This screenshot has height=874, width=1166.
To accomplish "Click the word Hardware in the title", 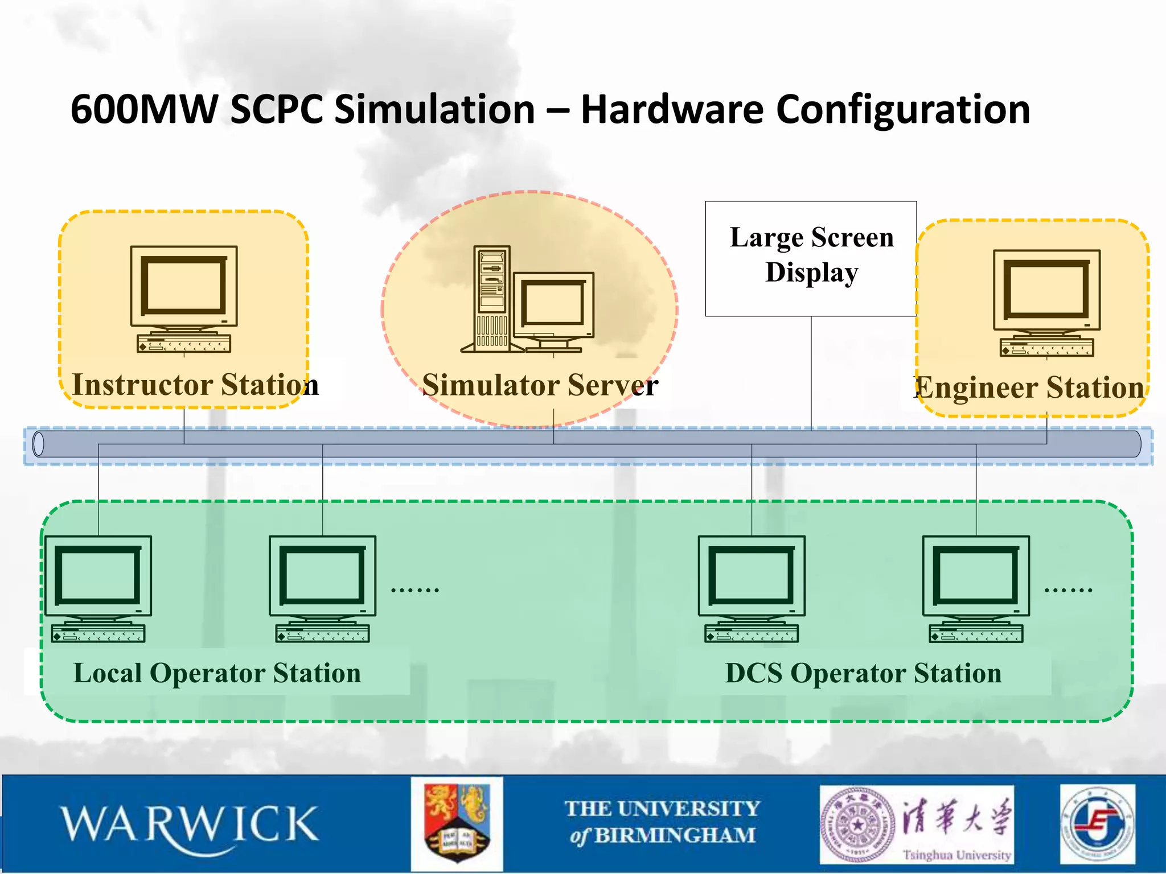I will point(672,109).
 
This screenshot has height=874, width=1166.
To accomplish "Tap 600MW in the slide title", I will point(145,109).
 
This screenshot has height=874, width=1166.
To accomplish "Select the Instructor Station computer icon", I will point(184,299).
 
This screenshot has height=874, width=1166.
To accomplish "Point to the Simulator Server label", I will point(540,385).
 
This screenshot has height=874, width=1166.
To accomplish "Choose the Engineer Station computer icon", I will point(1046,303).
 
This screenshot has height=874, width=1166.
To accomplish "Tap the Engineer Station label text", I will point(1029,388).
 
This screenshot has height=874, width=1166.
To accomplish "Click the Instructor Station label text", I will point(195,385).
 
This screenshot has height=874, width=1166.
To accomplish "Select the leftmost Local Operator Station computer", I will point(98,588).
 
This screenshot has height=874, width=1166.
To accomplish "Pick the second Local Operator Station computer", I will point(323,588).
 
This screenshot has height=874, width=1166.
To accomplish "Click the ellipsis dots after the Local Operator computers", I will point(415,590).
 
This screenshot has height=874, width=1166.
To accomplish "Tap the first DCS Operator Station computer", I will point(752,588).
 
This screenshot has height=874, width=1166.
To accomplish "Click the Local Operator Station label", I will point(217,673).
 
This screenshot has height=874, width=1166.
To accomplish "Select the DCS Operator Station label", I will point(863,673).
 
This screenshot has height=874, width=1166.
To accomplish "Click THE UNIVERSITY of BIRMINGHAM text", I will point(662,822).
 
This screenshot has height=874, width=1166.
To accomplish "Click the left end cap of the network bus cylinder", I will point(39,444).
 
